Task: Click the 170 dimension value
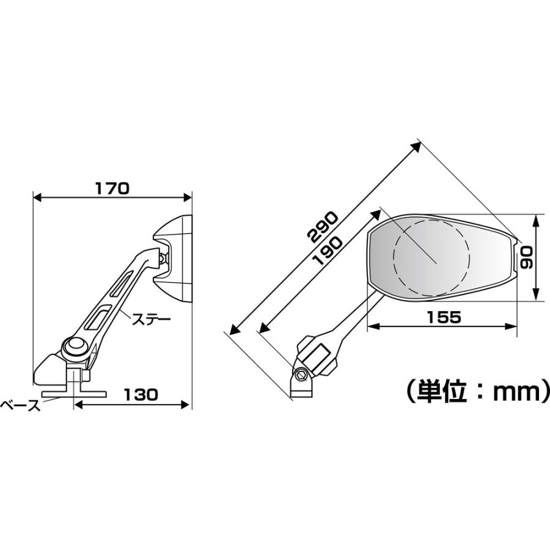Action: click(112, 188)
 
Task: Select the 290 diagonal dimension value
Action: click(322, 227)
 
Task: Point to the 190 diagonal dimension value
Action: click(326, 251)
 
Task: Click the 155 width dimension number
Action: click(444, 317)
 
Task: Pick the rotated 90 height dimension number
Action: click(526, 257)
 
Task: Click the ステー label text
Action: click(151, 320)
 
